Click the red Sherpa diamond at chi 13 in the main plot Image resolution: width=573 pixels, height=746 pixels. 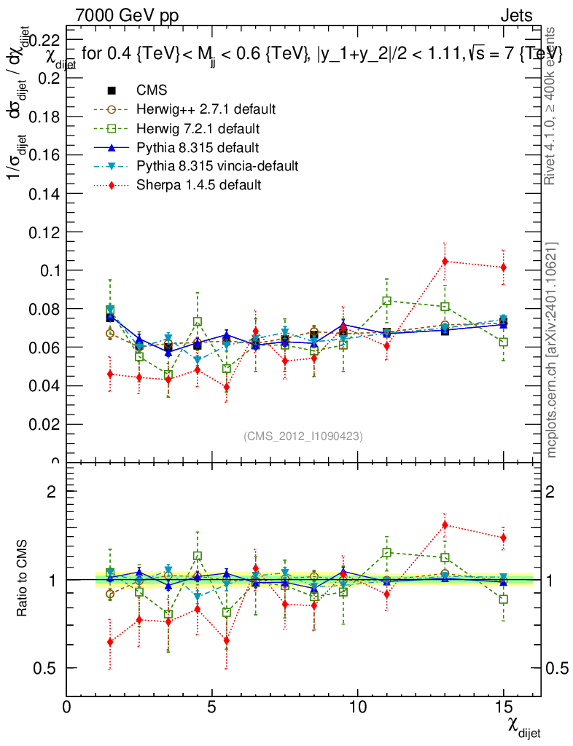445,261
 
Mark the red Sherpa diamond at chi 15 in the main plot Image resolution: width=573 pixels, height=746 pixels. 503,267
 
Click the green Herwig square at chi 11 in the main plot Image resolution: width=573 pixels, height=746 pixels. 387,300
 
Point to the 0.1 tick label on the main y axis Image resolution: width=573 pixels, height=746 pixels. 45,270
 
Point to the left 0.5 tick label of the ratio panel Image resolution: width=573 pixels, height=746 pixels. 44,668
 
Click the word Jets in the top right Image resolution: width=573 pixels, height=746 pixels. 516,15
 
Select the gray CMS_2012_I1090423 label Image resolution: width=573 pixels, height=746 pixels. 303,436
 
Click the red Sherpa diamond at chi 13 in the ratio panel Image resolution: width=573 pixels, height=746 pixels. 445,525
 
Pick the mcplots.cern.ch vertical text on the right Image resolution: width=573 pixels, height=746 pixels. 552,350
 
